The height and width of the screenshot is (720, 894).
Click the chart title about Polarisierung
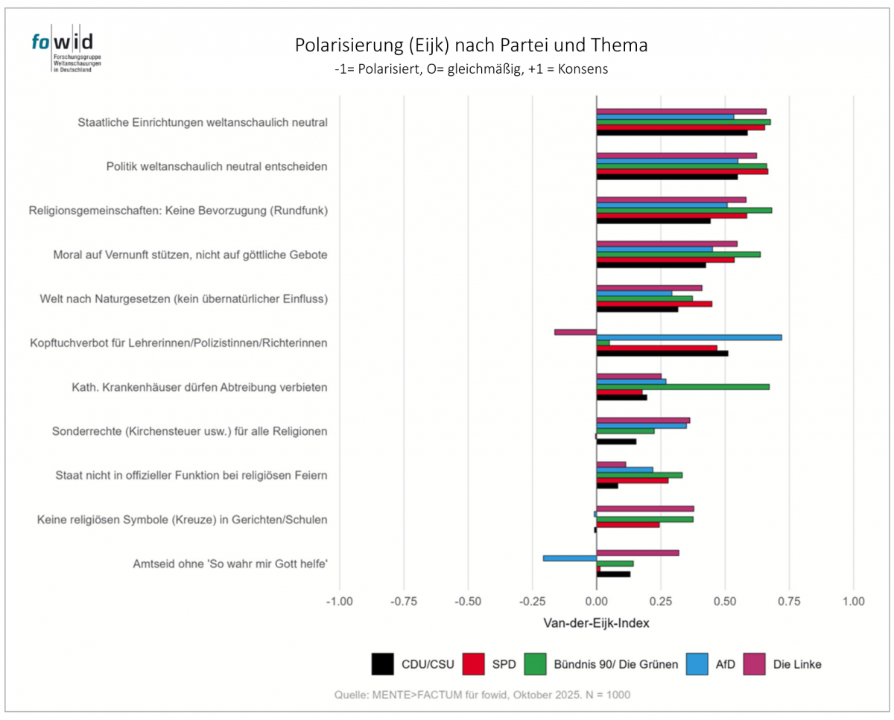(471, 45)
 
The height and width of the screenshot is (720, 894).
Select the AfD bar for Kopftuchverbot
(688, 337)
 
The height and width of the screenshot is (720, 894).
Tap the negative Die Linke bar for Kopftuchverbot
(575, 331)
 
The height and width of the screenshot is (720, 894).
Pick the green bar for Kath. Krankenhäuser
(682, 386)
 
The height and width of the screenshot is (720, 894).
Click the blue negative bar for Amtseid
(570, 558)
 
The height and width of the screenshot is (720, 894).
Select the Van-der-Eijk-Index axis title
(597, 623)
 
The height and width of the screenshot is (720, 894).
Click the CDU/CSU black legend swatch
(382, 663)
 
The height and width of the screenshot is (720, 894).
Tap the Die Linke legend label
(797, 663)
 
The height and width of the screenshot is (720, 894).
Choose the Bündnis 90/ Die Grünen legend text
(616, 663)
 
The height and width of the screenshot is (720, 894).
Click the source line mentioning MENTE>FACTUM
(482, 695)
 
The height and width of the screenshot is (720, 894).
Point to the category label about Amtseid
(230, 563)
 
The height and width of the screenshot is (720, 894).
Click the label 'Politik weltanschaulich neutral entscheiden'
(217, 166)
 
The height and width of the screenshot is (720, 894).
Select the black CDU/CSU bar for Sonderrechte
(616, 442)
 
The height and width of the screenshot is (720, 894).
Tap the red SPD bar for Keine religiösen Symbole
(628, 525)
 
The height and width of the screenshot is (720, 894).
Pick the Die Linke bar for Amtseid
(638, 552)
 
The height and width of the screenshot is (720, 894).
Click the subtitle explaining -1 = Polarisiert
(472, 69)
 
